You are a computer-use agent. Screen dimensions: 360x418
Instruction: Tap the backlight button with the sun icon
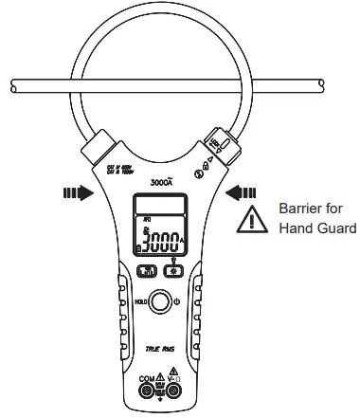[x=173, y=269]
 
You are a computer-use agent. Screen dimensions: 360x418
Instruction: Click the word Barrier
[x=299, y=208]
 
